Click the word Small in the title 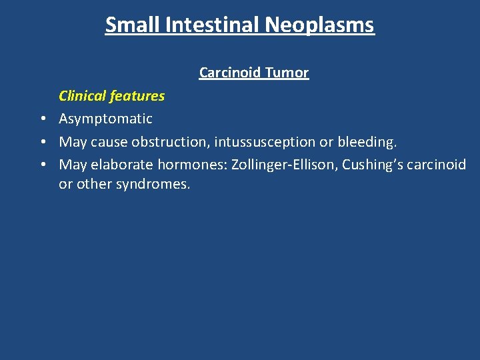(x=130, y=25)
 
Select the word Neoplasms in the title (x=319, y=25)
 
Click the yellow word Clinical (x=83, y=96)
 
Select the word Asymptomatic (x=105, y=119)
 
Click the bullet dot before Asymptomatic (x=41, y=119)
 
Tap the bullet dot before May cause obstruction (x=41, y=142)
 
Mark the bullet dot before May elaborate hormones (x=41, y=165)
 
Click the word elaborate (x=127, y=165)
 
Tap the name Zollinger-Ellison (x=283, y=165)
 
